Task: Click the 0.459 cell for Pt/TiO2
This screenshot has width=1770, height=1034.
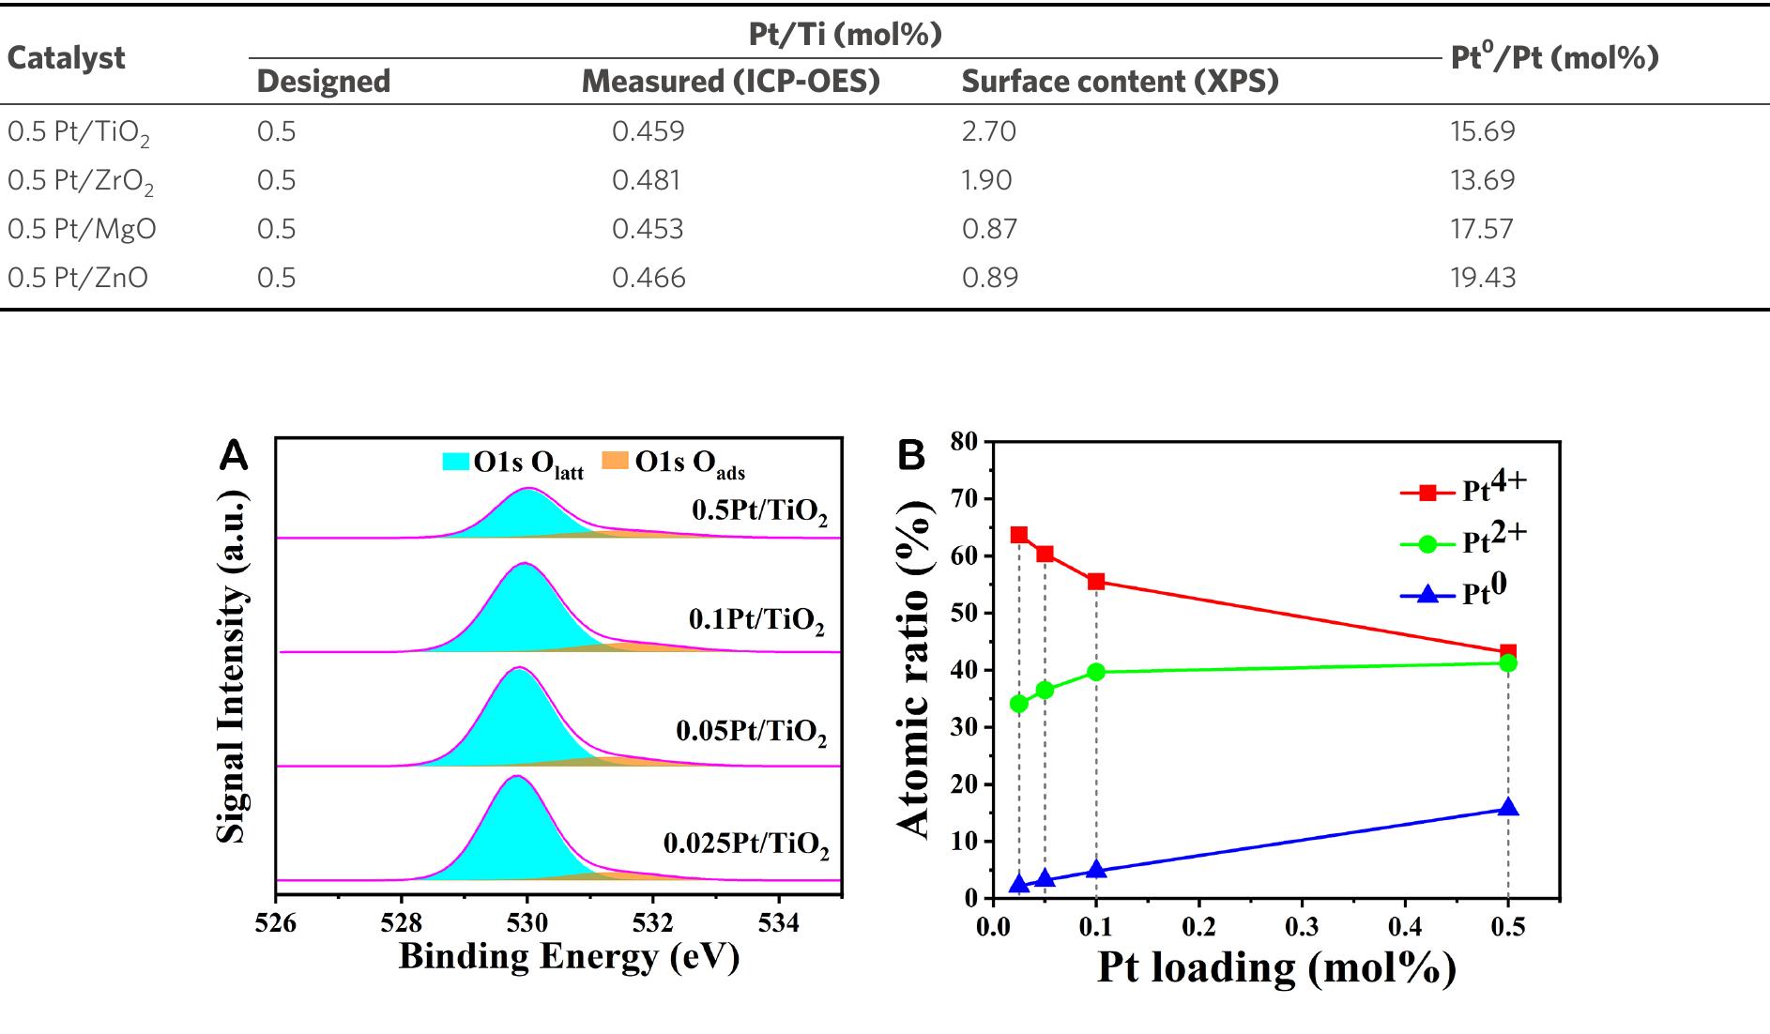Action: tap(648, 130)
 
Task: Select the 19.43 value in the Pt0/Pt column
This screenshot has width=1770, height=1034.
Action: tap(1482, 278)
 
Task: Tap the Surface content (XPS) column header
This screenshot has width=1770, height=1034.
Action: tap(1120, 82)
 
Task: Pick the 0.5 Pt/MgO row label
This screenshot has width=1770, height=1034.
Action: tap(82, 229)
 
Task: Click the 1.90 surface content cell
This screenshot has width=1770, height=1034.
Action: tap(986, 180)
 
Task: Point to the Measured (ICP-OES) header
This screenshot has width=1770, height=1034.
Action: tap(730, 82)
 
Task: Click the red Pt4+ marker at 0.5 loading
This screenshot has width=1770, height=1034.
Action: tap(1507, 652)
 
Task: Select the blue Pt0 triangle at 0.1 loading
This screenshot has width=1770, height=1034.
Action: tap(1096, 869)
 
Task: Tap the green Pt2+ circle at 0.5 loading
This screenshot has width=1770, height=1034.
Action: tap(1507, 663)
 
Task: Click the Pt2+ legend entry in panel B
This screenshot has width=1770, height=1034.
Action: tap(1464, 541)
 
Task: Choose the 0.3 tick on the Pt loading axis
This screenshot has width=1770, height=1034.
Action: tap(1302, 927)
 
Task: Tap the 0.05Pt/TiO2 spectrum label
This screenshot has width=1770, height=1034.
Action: tap(751, 731)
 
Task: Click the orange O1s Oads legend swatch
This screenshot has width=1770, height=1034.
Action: tap(615, 461)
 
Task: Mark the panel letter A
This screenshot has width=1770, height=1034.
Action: tap(233, 456)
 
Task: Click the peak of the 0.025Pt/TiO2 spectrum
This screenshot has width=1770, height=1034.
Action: tap(514, 777)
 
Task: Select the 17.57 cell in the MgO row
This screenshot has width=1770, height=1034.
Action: tap(1481, 229)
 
